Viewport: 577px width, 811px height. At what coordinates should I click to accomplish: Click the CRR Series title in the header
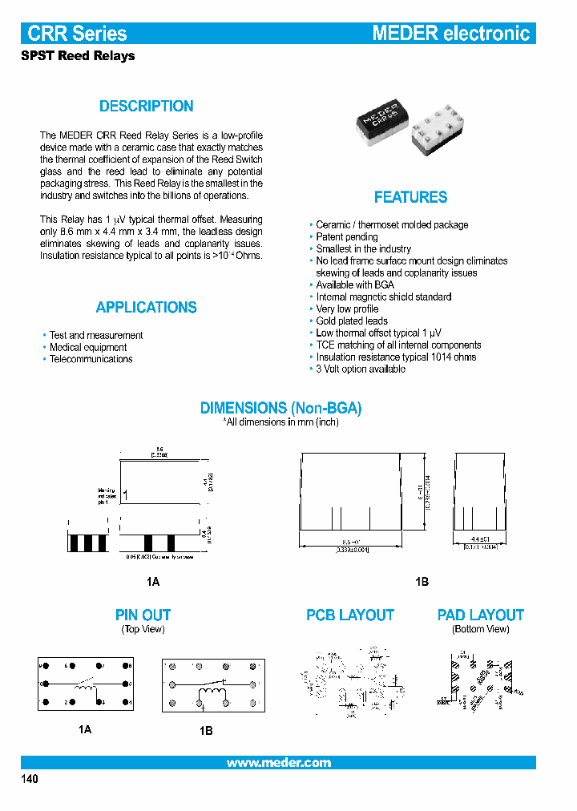[x=77, y=33]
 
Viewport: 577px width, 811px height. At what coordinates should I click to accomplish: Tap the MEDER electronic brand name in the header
[x=451, y=33]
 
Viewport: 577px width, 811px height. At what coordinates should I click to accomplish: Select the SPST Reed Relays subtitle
[x=77, y=56]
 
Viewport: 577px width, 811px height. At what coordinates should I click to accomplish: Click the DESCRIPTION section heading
[x=146, y=107]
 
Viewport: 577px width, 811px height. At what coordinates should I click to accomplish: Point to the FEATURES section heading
[x=410, y=197]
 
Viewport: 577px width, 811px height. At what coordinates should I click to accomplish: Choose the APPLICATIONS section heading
[x=146, y=308]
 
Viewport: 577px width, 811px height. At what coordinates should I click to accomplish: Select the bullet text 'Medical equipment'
[x=88, y=348]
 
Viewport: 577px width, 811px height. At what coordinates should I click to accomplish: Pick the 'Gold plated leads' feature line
[x=351, y=321]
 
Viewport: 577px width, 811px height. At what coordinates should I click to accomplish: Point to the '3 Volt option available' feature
[x=361, y=369]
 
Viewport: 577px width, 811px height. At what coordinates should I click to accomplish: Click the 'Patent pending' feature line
[x=346, y=237]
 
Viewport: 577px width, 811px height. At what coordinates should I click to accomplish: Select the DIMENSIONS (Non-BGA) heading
[x=280, y=408]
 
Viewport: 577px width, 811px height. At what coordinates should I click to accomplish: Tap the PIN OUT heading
[x=143, y=615]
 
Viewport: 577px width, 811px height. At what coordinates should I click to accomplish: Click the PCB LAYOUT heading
[x=350, y=615]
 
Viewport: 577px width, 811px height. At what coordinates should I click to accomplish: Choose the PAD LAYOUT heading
[x=480, y=615]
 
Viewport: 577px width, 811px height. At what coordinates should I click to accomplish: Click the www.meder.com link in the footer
[x=278, y=763]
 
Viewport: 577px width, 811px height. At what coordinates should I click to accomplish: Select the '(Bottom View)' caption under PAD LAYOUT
[x=480, y=630]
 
